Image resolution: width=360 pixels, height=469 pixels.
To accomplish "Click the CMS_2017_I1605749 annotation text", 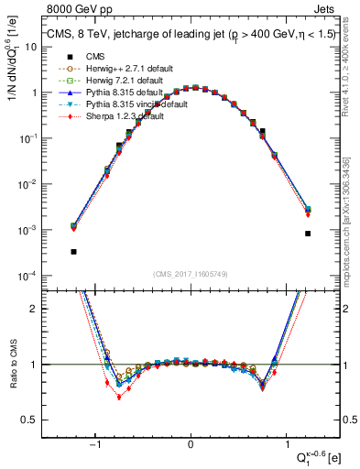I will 191,274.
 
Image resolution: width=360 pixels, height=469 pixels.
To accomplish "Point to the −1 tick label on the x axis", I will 95,442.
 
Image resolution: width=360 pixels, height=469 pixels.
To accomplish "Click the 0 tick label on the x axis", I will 191,442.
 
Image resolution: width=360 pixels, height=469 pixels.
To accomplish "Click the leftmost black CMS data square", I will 73,251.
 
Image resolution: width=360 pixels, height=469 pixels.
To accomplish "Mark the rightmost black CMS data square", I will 308,234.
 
